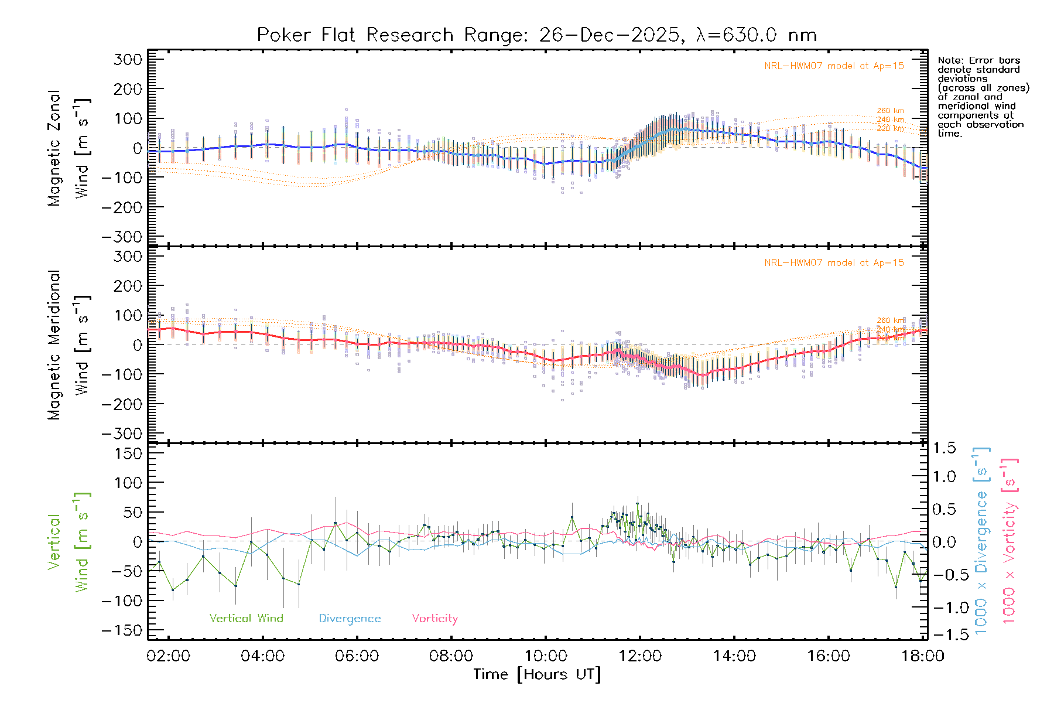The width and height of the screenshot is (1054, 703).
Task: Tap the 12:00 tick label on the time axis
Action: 640,656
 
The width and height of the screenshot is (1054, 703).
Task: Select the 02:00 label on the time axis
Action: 169,656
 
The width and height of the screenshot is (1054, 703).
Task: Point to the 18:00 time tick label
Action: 923,656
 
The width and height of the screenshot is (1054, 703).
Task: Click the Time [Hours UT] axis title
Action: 537,674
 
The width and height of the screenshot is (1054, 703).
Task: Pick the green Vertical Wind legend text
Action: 246,619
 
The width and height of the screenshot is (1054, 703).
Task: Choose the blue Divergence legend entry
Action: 350,619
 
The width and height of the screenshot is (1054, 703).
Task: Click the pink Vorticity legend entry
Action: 434,619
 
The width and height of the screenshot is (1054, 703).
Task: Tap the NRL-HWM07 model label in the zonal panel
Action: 834,66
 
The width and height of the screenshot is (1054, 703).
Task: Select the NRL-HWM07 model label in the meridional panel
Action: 834,263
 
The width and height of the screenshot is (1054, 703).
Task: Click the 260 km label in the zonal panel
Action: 890,111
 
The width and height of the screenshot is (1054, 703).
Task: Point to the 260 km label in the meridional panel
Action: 890,320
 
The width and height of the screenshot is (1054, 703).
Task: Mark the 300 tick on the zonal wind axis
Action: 128,59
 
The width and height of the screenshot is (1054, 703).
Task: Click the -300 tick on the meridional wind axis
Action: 122,434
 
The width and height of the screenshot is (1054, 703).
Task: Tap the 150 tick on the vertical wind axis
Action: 128,453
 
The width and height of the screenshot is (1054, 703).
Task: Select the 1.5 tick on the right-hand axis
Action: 945,448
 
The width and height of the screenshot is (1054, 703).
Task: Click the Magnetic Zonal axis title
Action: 54,148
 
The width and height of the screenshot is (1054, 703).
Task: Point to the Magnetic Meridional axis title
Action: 54,345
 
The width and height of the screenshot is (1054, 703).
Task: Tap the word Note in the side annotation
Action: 949,60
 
